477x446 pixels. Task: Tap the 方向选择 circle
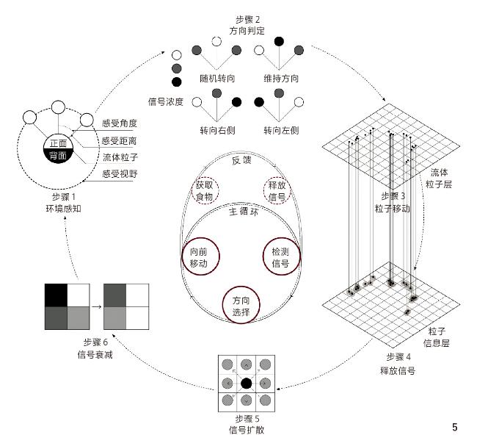pyautogui.click(x=242, y=306)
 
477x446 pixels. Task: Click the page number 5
pyautogui.click(x=455, y=428)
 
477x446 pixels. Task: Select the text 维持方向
pyautogui.click(x=280, y=79)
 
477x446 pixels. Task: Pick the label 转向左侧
pyautogui.click(x=280, y=130)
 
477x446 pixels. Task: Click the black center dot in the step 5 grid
pyautogui.click(x=247, y=383)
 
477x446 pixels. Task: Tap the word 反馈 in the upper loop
pyautogui.click(x=241, y=161)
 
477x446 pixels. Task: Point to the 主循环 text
pyautogui.click(x=242, y=211)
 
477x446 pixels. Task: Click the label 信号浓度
pyautogui.click(x=165, y=101)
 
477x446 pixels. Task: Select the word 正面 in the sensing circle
pyautogui.click(x=57, y=143)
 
